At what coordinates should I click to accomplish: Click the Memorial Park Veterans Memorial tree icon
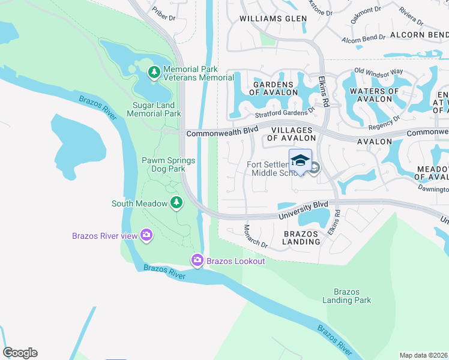pyautogui.click(x=154, y=73)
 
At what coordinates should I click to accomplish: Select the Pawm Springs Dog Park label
pyautogui.click(x=163, y=164)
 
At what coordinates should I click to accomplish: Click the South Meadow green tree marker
pyautogui.click(x=176, y=203)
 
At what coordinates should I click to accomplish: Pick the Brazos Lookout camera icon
pyautogui.click(x=197, y=260)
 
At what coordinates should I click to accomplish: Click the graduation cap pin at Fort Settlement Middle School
pyautogui.click(x=300, y=161)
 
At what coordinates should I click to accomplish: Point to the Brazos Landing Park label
pyautogui.click(x=346, y=296)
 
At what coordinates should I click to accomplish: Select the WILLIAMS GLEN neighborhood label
pyautogui.click(x=273, y=19)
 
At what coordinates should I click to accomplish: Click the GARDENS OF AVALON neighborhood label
pyautogui.click(x=273, y=88)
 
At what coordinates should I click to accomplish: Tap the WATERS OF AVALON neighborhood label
pyautogui.click(x=374, y=96)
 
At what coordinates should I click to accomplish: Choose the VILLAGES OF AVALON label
pyautogui.click(x=291, y=134)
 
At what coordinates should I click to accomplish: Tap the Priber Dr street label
pyautogui.click(x=163, y=13)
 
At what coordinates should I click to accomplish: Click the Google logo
pyautogui.click(x=20, y=353)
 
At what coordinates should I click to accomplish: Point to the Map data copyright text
pyautogui.click(x=423, y=355)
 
